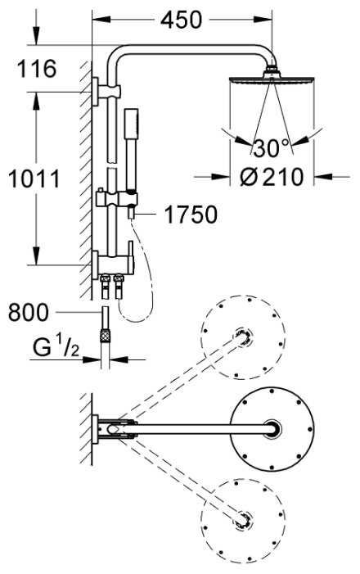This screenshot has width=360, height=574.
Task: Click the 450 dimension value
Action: click(181, 20)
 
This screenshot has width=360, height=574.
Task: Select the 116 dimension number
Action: click(37, 69)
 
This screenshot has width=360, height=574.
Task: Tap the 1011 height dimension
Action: click(34, 179)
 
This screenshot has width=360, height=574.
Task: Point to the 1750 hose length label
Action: click(191, 215)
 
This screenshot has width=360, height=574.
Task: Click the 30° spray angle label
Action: click(271, 148)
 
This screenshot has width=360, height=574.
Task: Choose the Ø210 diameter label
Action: click(272, 177)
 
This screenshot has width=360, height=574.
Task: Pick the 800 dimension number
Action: click(28, 312)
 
